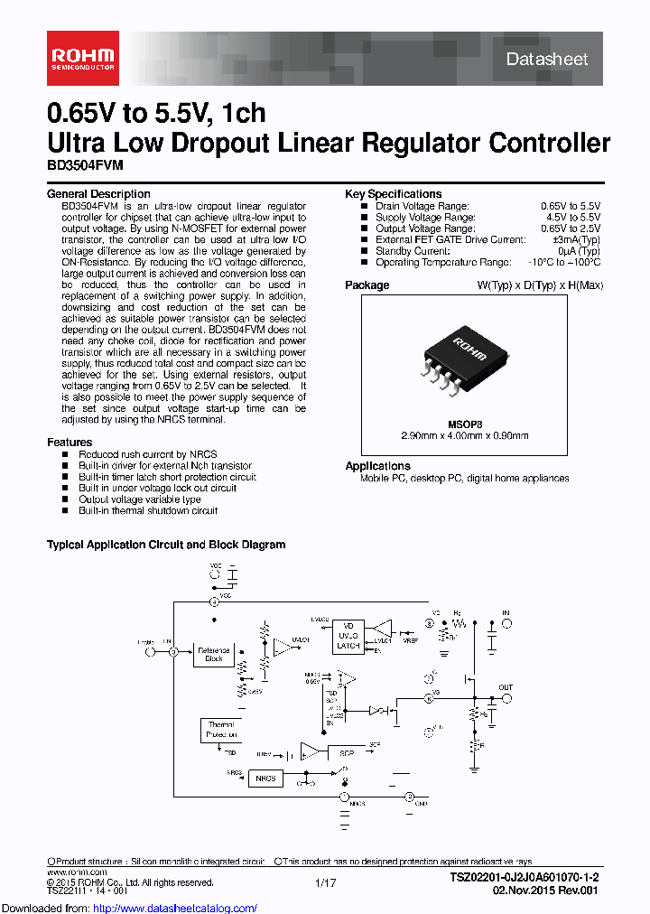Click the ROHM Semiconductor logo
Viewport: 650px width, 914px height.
pos(82,59)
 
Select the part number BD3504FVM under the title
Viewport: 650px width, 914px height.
pos(85,166)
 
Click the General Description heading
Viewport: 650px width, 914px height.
pos(98,194)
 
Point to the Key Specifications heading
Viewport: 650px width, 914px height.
pos(394,194)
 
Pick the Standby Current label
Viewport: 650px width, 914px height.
pos(412,251)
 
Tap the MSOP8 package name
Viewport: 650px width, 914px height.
pos(465,423)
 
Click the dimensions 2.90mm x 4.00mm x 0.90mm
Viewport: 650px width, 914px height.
pos(465,434)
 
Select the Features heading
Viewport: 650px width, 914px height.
pos(70,443)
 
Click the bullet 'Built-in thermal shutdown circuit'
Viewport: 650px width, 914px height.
pos(148,510)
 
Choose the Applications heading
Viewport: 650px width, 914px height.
pos(378,466)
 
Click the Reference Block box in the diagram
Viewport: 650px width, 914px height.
pos(214,655)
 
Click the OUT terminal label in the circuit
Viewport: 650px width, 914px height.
pos(506,687)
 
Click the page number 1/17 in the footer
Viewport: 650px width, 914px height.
pos(326,882)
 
